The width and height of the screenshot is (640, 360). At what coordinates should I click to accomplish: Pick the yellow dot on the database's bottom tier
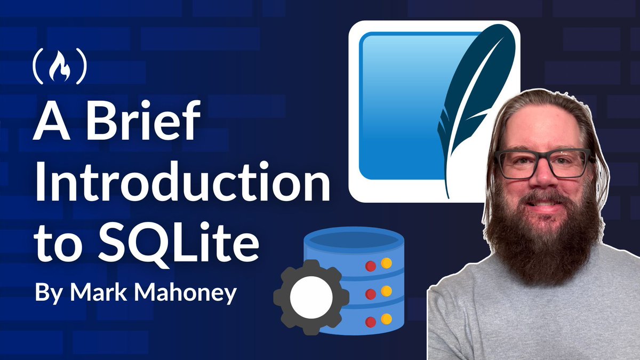[x=386, y=319]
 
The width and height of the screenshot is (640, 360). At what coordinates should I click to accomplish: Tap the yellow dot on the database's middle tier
[x=386, y=291]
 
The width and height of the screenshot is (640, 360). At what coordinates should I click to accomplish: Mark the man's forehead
[x=541, y=125]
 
